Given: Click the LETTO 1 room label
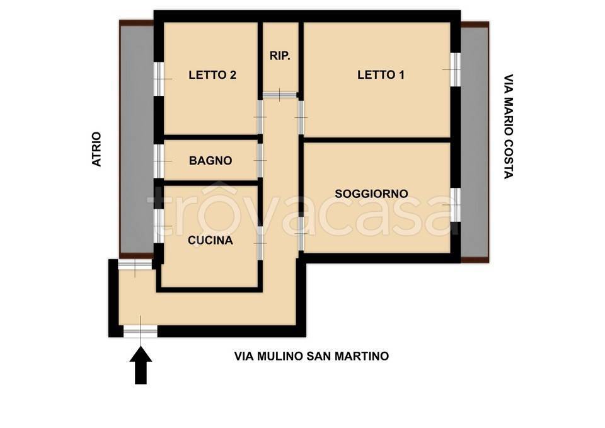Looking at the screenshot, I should (x=381, y=75).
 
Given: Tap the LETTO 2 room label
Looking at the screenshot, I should (x=212, y=75).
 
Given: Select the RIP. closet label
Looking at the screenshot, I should (x=280, y=56).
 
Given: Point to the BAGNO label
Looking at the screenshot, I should (x=210, y=161).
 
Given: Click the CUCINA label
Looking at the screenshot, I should (x=210, y=240).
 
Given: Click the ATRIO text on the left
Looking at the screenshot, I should (x=96, y=149).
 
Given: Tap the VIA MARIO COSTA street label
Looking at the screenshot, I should (x=509, y=127).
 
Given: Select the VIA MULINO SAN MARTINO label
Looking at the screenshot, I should (x=311, y=356).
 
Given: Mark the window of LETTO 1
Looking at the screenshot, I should (x=455, y=69).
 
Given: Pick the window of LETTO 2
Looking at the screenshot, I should (x=159, y=79).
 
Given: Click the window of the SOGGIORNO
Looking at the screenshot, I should (x=455, y=205).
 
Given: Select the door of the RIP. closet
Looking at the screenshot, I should (x=280, y=95).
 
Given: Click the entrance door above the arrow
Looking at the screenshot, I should (x=140, y=332).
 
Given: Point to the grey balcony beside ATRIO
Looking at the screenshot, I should (x=137, y=139).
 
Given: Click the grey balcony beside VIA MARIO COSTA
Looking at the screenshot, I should (x=475, y=142).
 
